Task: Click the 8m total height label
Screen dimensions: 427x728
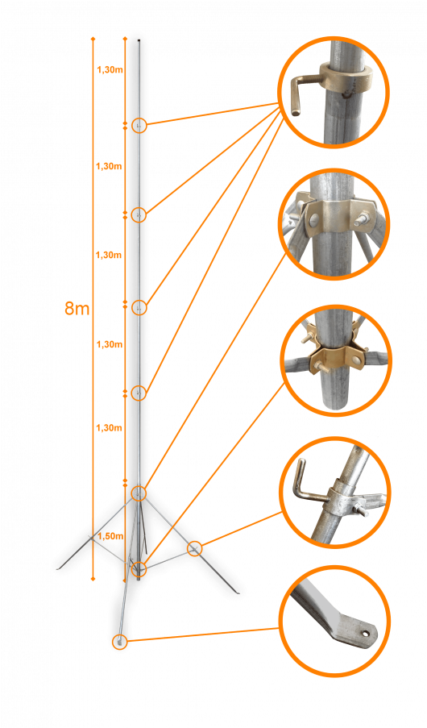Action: [x=77, y=308]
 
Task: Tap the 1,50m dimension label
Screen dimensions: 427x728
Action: [x=110, y=536]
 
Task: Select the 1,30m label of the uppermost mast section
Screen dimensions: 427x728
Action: [x=110, y=70]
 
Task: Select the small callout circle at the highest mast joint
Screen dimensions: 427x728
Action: [x=139, y=125]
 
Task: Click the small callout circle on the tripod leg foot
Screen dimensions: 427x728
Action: [x=120, y=642]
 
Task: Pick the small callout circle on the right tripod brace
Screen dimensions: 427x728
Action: [x=194, y=549]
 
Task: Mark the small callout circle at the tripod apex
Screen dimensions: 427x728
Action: [x=139, y=493]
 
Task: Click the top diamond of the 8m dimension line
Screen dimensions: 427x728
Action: [x=93, y=38]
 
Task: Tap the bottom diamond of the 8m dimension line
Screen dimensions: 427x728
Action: [x=93, y=579]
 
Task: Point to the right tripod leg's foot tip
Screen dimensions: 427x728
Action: [x=238, y=593]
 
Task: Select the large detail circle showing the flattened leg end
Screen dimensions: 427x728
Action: [x=334, y=621]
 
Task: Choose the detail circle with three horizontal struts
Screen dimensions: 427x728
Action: [x=336, y=360]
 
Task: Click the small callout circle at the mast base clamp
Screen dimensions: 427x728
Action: [x=139, y=568]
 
